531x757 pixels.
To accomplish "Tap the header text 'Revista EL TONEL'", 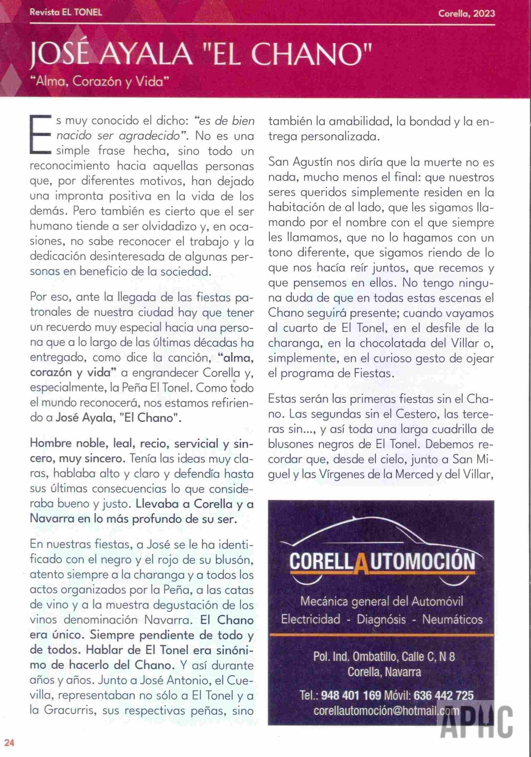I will [x=66, y=12].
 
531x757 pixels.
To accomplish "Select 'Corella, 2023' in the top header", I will [x=466, y=13].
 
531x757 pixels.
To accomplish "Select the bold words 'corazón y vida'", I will [x=74, y=372].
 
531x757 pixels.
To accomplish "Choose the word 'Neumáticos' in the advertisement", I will [x=452, y=620].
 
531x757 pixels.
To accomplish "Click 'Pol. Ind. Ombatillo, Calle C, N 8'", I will [x=384, y=657].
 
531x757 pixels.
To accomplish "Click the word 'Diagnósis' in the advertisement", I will [x=381, y=620].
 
